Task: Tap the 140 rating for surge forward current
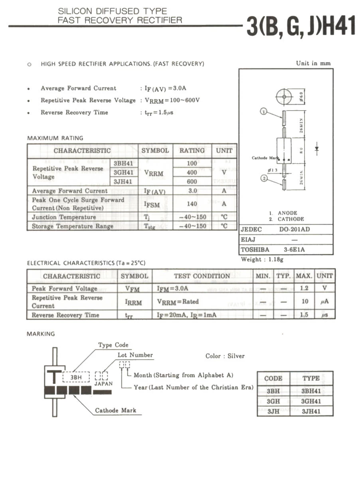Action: point(192,204)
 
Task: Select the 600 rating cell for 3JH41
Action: point(192,181)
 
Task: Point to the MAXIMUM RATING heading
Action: point(55,138)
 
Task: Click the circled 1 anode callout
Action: point(263,111)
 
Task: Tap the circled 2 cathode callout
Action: point(263,178)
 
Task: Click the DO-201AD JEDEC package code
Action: point(294,230)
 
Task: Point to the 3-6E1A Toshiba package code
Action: point(294,250)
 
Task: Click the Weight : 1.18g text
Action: point(262,259)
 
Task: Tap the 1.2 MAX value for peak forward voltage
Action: point(305,288)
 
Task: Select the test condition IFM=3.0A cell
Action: point(172,288)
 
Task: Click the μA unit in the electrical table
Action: point(324,301)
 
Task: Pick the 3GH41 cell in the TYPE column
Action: point(311,401)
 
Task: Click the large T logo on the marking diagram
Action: point(53,376)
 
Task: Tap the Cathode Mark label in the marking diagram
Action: point(115,410)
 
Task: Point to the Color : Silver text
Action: point(225,356)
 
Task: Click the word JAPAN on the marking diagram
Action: point(103,384)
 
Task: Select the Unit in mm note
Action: point(313,63)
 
